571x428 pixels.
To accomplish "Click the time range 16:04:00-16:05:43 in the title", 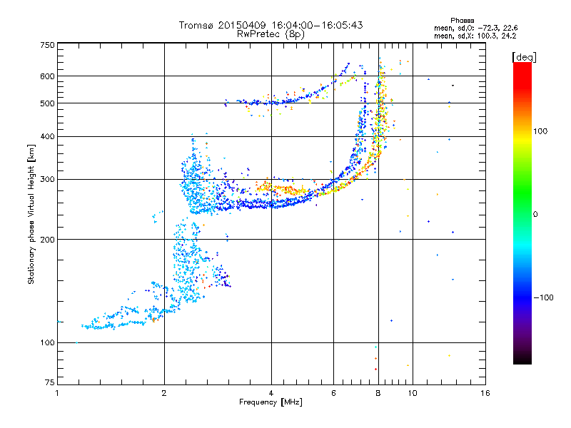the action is pyautogui.click(x=317, y=25).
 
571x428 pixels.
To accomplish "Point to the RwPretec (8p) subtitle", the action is pyautogui.click(x=271, y=34).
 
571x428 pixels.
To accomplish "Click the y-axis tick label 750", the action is pyautogui.click(x=47, y=45).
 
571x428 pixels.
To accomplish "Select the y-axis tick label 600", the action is pyautogui.click(x=47, y=76).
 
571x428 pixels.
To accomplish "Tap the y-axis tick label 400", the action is pyautogui.click(x=47, y=136).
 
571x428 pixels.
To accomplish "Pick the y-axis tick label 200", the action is pyautogui.click(x=47, y=240).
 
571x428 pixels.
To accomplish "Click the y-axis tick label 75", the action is pyautogui.click(x=50, y=382).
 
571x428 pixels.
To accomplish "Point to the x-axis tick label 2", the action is pyautogui.click(x=164, y=393).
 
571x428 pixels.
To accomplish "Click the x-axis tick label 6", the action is pyautogui.click(x=333, y=393).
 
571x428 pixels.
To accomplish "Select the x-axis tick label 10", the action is pyautogui.click(x=413, y=393).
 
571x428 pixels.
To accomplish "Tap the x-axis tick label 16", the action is pyautogui.click(x=485, y=393).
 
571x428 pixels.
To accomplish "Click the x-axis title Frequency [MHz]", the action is pyautogui.click(x=271, y=402).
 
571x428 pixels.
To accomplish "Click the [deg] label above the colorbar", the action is pyautogui.click(x=524, y=57).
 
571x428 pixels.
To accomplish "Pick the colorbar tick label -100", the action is pyautogui.click(x=543, y=297).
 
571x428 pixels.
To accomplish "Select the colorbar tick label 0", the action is pyautogui.click(x=535, y=215).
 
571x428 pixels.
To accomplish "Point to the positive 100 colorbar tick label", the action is pyautogui.click(x=540, y=131).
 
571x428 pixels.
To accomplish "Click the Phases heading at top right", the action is pyautogui.click(x=462, y=21).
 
